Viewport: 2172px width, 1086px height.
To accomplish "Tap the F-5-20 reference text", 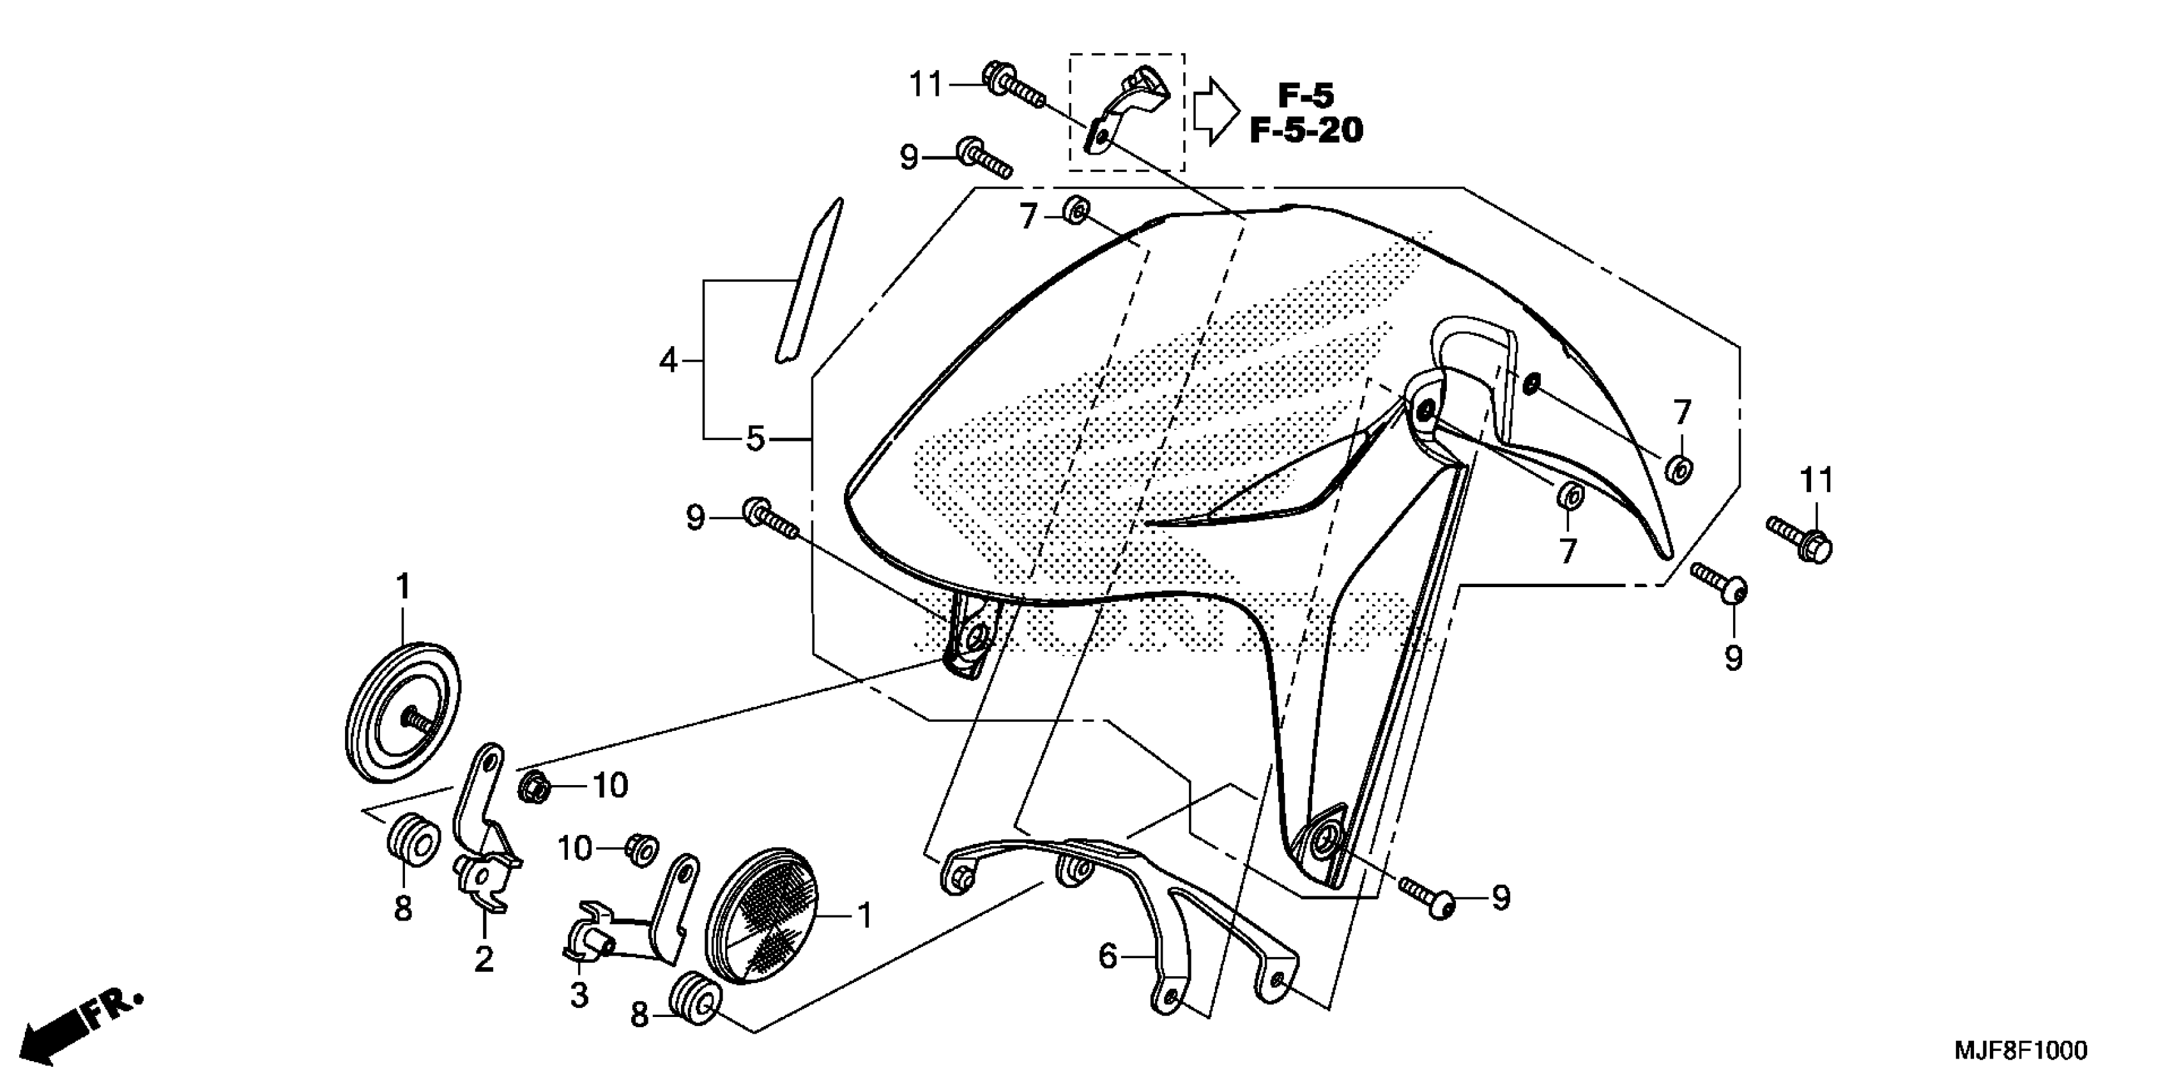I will [x=1305, y=131].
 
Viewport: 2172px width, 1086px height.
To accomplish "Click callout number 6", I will [x=1108, y=956].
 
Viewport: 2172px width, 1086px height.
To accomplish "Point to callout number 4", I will [x=668, y=362].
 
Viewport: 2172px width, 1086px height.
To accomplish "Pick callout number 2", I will [x=483, y=960].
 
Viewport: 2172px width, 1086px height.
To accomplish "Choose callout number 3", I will [x=578, y=995].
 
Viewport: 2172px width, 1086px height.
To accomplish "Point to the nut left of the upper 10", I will [x=535, y=786].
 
